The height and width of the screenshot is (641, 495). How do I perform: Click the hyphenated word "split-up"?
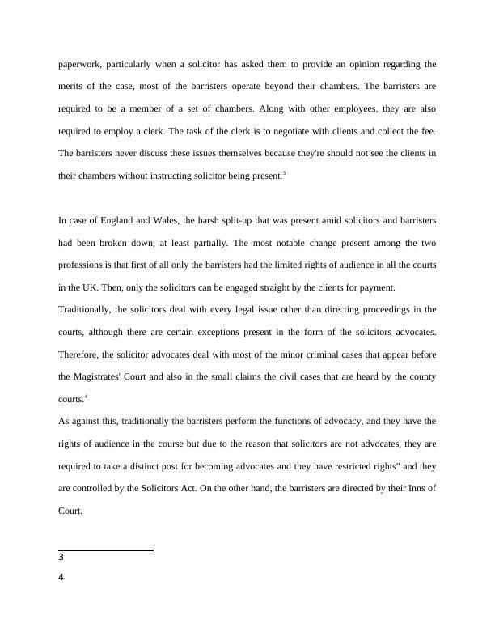point(225,219)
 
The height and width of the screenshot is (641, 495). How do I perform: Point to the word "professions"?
point(83,265)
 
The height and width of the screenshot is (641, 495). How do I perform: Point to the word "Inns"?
point(412,488)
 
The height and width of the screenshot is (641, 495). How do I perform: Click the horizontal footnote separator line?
point(106,550)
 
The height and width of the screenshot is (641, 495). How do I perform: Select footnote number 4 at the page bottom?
point(61,577)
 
